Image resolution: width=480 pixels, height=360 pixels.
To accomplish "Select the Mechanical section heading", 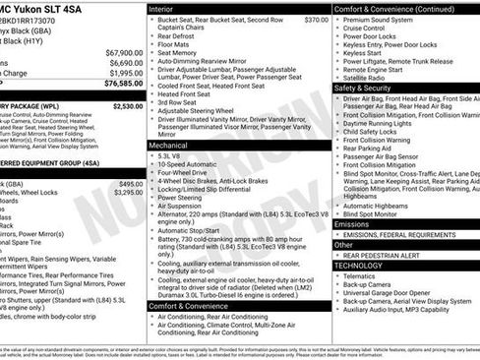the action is [171, 144].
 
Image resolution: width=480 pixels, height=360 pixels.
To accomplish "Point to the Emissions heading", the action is [353, 223].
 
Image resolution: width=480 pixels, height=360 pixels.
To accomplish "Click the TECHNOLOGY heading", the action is [358, 265].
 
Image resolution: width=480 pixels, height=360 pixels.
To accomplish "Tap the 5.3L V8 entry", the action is [169, 155].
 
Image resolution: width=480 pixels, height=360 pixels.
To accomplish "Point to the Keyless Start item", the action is [366, 54].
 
